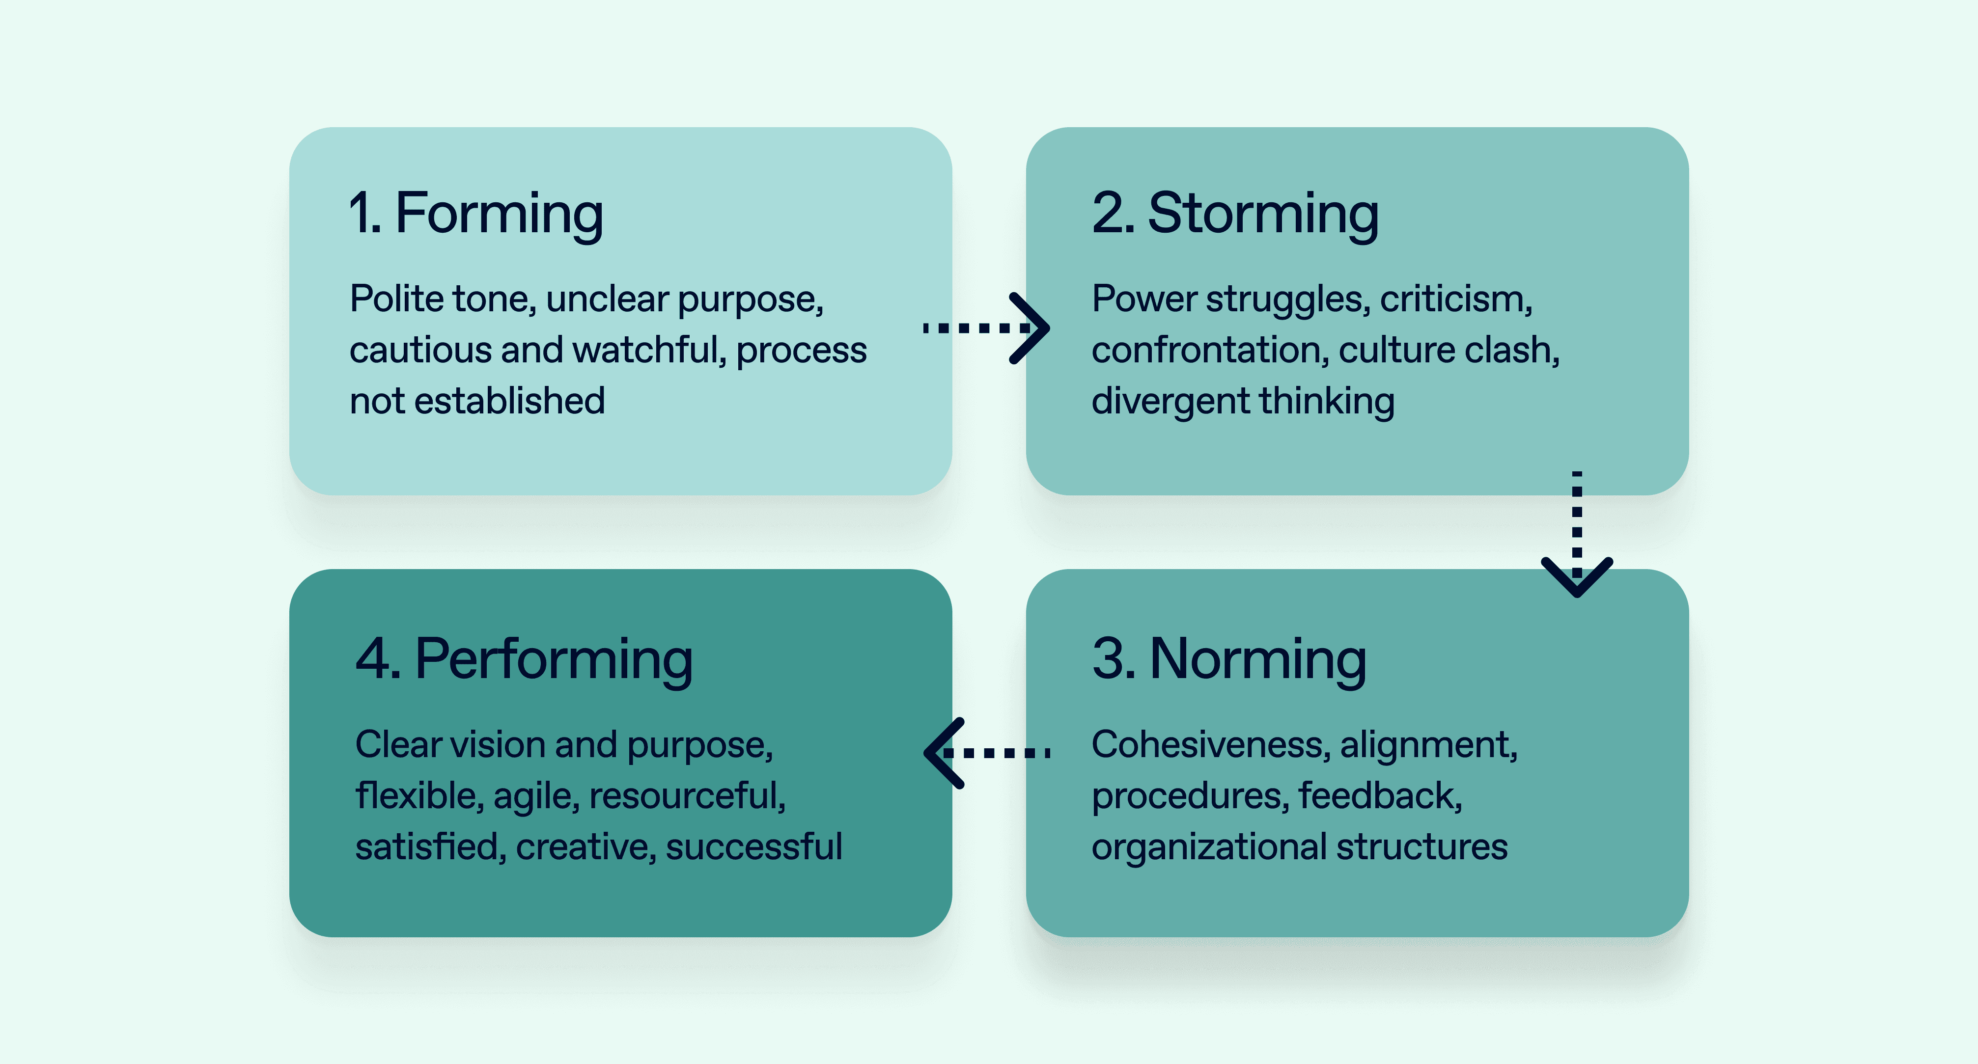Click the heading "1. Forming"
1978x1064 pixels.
tap(475, 214)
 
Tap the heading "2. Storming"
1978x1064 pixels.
tap(1235, 214)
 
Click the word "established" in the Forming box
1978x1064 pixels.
tap(520, 401)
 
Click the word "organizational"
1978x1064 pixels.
tap(1209, 847)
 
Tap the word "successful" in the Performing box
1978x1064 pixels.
tap(753, 847)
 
